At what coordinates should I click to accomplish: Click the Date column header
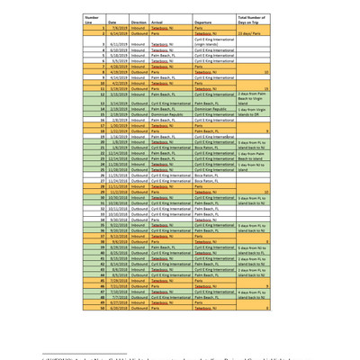click(112, 21)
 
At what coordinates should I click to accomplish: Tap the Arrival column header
click(162, 21)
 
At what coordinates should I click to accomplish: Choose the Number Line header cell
click(91, 19)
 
